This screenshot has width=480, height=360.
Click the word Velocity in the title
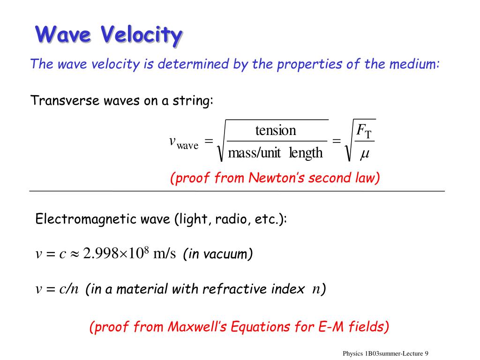coord(142,35)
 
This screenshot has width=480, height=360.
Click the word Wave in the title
coord(63,34)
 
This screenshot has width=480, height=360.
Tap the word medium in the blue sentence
coord(414,64)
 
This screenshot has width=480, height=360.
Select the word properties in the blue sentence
coord(309,65)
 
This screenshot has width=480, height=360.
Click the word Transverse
coord(65,100)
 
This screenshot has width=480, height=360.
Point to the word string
coord(193,100)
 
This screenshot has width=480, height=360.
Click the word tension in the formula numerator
coord(276,130)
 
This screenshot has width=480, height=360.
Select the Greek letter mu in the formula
coord(365,153)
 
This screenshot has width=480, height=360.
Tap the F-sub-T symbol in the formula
coord(364,131)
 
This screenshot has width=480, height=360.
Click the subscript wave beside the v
coord(187,146)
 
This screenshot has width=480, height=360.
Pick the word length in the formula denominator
coord(306,152)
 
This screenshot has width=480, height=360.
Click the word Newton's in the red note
coord(276,178)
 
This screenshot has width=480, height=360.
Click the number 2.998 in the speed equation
coord(101,254)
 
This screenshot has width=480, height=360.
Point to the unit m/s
coord(165,254)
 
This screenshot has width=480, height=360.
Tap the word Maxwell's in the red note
coord(197,327)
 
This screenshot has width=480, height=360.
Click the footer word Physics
coord(352,353)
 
